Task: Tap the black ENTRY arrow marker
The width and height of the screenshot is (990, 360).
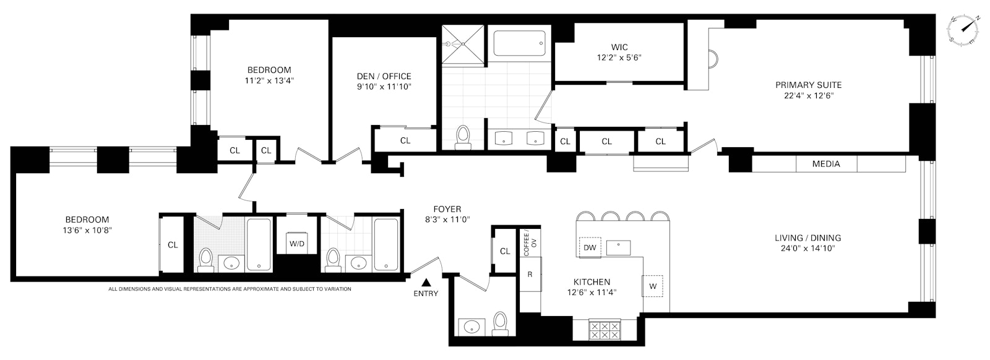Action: pyautogui.click(x=426, y=282)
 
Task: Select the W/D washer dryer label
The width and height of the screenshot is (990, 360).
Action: pyautogui.click(x=296, y=244)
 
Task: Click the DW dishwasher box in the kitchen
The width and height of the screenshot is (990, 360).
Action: pyautogui.click(x=590, y=247)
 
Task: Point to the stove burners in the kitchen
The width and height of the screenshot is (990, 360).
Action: pyautogui.click(x=605, y=330)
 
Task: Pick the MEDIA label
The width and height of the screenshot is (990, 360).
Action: pyautogui.click(x=826, y=164)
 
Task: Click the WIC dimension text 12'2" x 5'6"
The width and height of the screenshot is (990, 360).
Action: pyautogui.click(x=619, y=58)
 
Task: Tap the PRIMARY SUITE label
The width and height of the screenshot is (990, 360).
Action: pyautogui.click(x=808, y=85)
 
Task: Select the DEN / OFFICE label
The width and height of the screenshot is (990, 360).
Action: pyautogui.click(x=384, y=76)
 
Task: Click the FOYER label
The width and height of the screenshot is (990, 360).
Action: pyautogui.click(x=447, y=209)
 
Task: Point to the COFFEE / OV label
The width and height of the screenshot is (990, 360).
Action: pyautogui.click(x=530, y=243)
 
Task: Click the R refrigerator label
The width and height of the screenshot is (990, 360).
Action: pyautogui.click(x=530, y=274)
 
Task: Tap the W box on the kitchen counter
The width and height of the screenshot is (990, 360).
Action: pyautogui.click(x=652, y=286)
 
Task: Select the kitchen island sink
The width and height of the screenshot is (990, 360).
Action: pyautogui.click(x=618, y=248)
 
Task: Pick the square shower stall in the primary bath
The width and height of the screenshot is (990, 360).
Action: pyautogui.click(x=463, y=45)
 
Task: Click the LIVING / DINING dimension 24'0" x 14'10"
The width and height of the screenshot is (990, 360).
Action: pyautogui.click(x=807, y=248)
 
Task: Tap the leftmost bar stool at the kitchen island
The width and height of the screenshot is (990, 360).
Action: pyautogui.click(x=585, y=216)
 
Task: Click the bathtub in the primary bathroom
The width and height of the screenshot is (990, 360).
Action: pyautogui.click(x=519, y=43)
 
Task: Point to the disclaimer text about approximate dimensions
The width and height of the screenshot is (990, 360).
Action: pyautogui.click(x=230, y=289)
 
